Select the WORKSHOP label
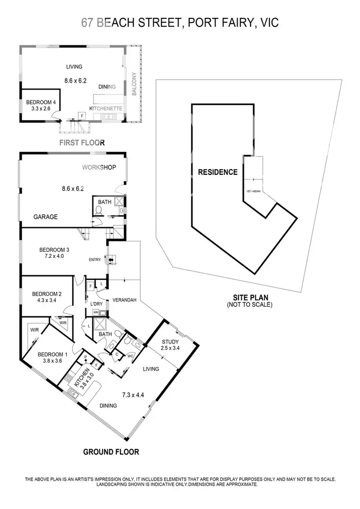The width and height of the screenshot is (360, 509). click(99, 168)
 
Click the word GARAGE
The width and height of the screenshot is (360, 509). click(46, 217)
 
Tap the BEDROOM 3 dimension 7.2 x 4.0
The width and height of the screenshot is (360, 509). click(54, 256)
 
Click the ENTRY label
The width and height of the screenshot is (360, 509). click(95, 260)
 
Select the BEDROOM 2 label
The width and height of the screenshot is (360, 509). click(47, 294)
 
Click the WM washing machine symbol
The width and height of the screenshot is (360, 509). click(96, 312)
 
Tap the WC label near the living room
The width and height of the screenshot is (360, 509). click(130, 356)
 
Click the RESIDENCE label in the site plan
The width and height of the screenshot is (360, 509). click(217, 172)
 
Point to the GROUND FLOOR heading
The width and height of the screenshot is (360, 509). click(111, 452)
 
